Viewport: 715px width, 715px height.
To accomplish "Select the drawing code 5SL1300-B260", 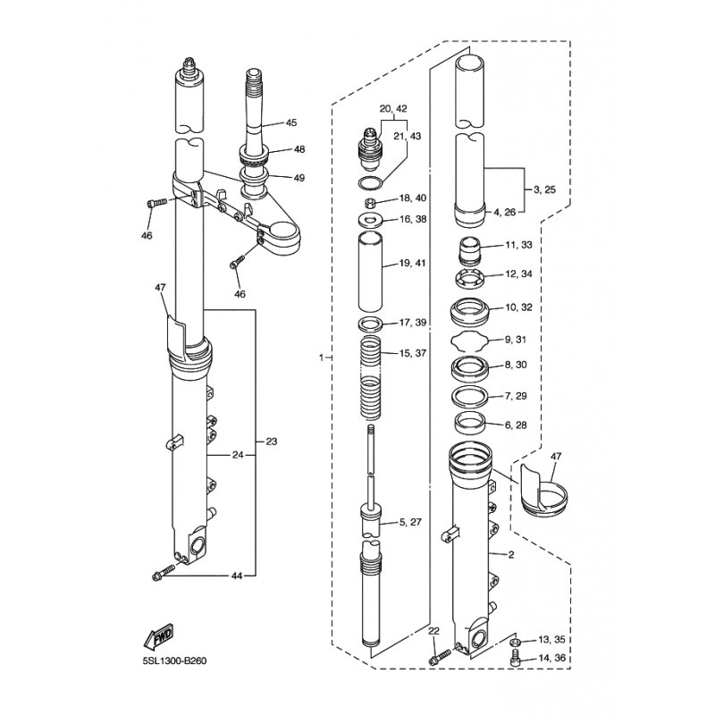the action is point(174,660).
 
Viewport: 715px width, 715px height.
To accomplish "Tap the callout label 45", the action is point(291,122).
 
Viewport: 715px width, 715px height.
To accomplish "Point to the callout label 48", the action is point(299,149).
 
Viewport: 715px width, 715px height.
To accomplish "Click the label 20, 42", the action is point(393,108).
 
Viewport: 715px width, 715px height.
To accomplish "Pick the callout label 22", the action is point(433,631).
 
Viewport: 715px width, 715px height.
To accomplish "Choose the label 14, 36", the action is point(551,658).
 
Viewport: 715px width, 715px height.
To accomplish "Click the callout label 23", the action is point(272,442).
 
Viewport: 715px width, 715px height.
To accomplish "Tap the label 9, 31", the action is point(516,340).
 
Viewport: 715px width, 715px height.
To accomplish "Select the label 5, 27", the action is point(411,522).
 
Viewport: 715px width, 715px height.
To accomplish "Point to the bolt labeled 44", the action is point(163,573).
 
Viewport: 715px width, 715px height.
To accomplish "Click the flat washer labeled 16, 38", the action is point(370,220).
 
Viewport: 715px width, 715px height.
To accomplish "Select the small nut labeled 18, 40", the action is point(370,200).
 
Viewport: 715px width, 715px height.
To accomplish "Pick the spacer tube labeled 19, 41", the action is point(370,271).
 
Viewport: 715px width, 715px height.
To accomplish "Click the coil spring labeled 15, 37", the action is point(370,377).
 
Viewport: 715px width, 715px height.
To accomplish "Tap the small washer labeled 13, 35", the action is point(515,643).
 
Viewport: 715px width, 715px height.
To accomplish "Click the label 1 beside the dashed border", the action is point(322,357).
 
